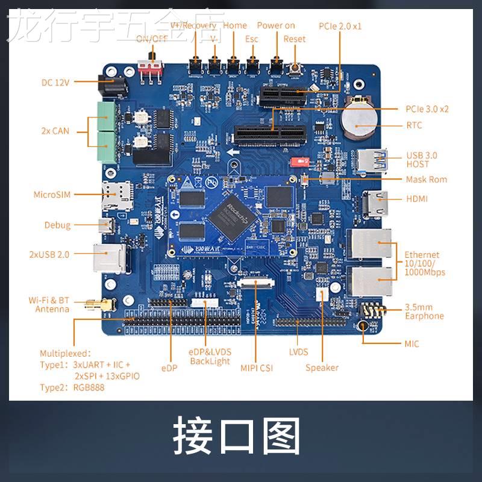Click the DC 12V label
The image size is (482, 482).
tap(55, 83)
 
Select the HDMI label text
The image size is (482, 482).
tap(416, 198)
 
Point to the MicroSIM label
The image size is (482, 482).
tap(52, 195)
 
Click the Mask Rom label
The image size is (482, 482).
tap(427, 180)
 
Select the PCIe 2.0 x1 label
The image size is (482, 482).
tap(340, 26)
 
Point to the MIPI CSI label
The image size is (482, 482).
tap(256, 367)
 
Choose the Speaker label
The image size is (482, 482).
tap(322, 368)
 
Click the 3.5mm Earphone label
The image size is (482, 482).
tap(424, 311)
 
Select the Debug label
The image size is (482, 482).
tap(57, 225)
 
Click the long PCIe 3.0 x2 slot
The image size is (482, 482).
tap(268, 135)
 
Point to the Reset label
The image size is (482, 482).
tap(295, 39)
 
